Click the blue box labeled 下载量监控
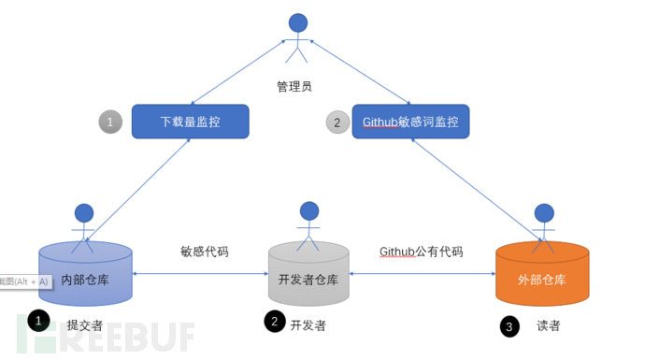[x=190, y=122]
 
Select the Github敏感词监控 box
[x=410, y=122]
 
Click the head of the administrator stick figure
[x=297, y=22]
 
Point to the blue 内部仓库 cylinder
[x=85, y=273]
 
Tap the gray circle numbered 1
[x=110, y=122]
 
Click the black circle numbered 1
[x=38, y=322]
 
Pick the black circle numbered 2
[x=274, y=322]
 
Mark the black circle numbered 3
[x=509, y=325]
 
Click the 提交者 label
[x=84, y=325]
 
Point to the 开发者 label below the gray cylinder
[x=308, y=324]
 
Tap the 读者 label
[x=549, y=325]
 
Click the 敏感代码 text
[x=205, y=252]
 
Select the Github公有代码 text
[x=421, y=252]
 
